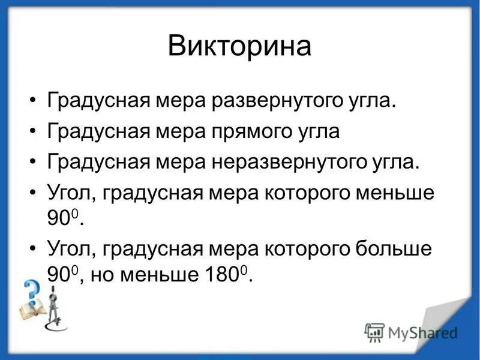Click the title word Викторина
coord(239,47)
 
